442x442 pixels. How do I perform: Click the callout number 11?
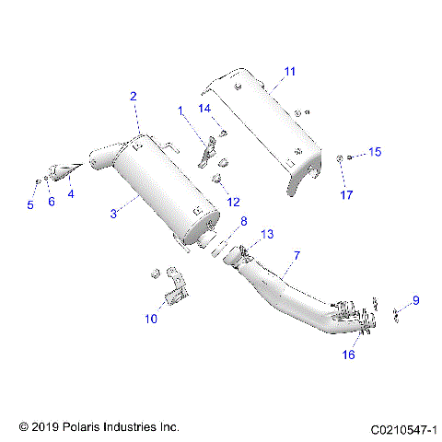(290, 71)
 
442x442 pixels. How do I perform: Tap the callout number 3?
(113, 214)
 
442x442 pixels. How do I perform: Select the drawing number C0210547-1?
(403, 428)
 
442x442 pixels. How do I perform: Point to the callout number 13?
(267, 235)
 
